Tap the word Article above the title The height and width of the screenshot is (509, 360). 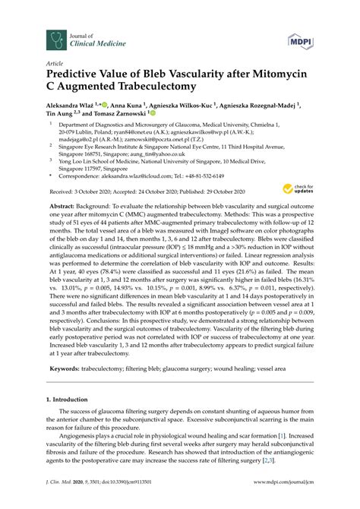[55, 65]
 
